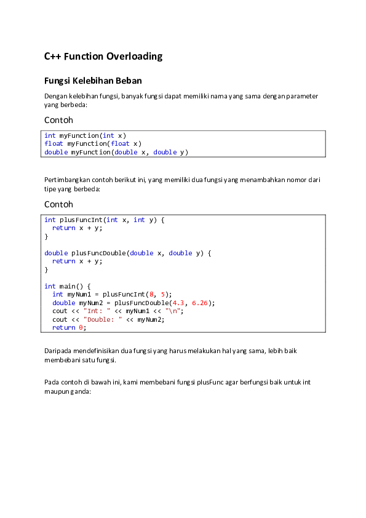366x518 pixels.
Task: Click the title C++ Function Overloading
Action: click(103, 57)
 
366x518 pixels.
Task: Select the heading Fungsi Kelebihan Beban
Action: click(93, 81)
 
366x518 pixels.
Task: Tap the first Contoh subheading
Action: click(58, 120)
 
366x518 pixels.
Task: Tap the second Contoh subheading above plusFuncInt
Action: click(58, 204)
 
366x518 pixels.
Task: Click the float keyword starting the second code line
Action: click(54, 143)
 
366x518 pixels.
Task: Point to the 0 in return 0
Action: click(81, 327)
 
